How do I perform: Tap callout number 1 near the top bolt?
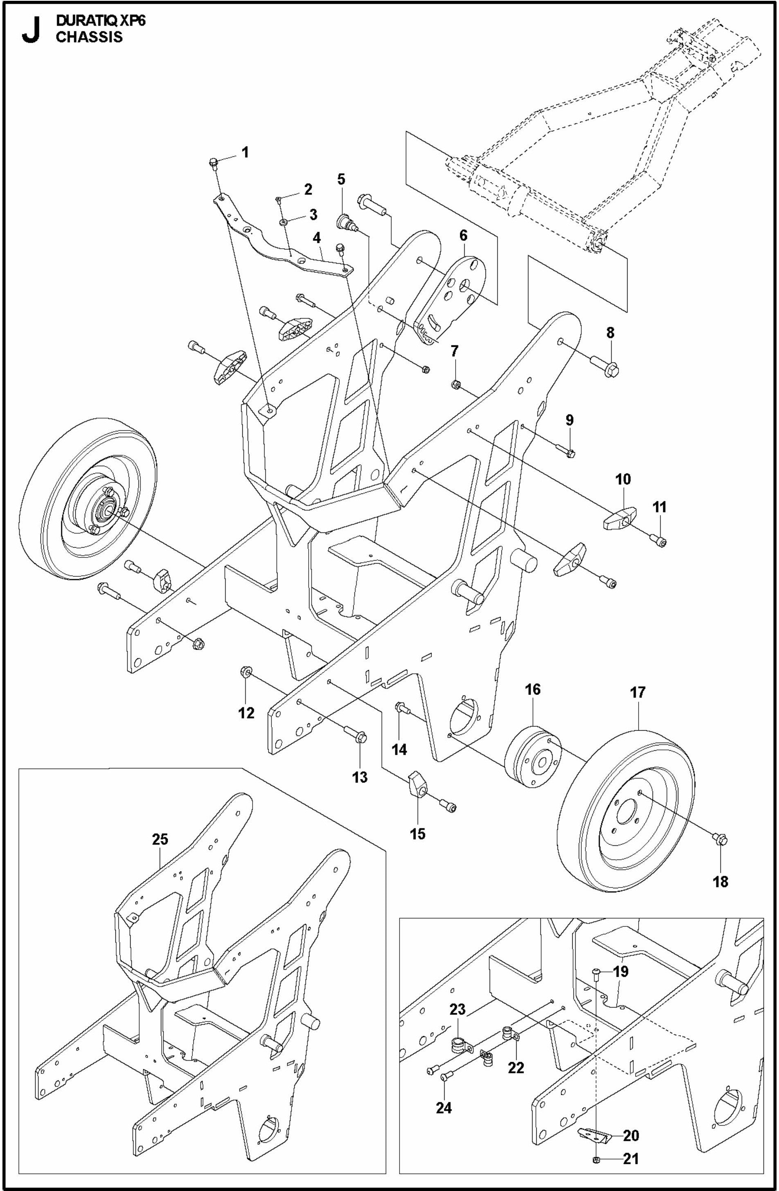tap(245, 152)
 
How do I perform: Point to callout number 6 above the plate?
tap(463, 234)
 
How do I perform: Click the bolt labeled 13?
tap(361, 736)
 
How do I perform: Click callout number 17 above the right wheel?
tap(638, 692)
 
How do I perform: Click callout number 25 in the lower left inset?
tap(160, 839)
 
